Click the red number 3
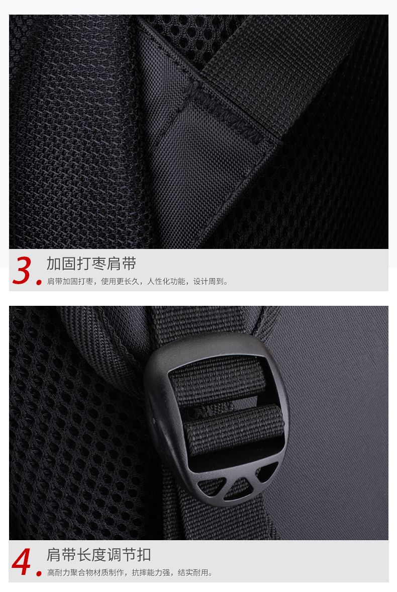coord(22,270)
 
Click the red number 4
coord(21,561)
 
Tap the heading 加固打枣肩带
coord(91,264)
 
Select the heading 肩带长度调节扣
coord(99,555)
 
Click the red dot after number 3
coord(39,282)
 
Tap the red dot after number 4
coord(39,573)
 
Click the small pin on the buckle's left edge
coord(153,419)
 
